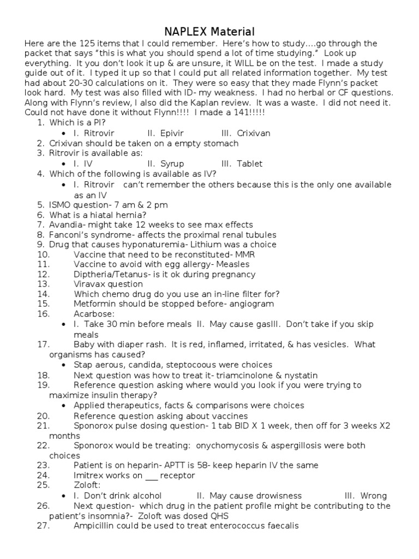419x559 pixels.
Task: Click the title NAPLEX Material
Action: pyautogui.click(x=209, y=32)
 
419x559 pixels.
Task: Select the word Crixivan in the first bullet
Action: pyautogui.click(x=254, y=133)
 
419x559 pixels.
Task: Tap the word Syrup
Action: pyautogui.click(x=172, y=164)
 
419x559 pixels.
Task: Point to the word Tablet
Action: pyautogui.click(x=250, y=164)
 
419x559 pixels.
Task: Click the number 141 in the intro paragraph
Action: pyautogui.click(x=242, y=112)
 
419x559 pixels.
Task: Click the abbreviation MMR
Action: pyautogui.click(x=246, y=255)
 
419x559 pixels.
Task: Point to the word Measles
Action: pyautogui.click(x=242, y=265)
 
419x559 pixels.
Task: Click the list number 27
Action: pyautogui.click(x=43, y=526)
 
